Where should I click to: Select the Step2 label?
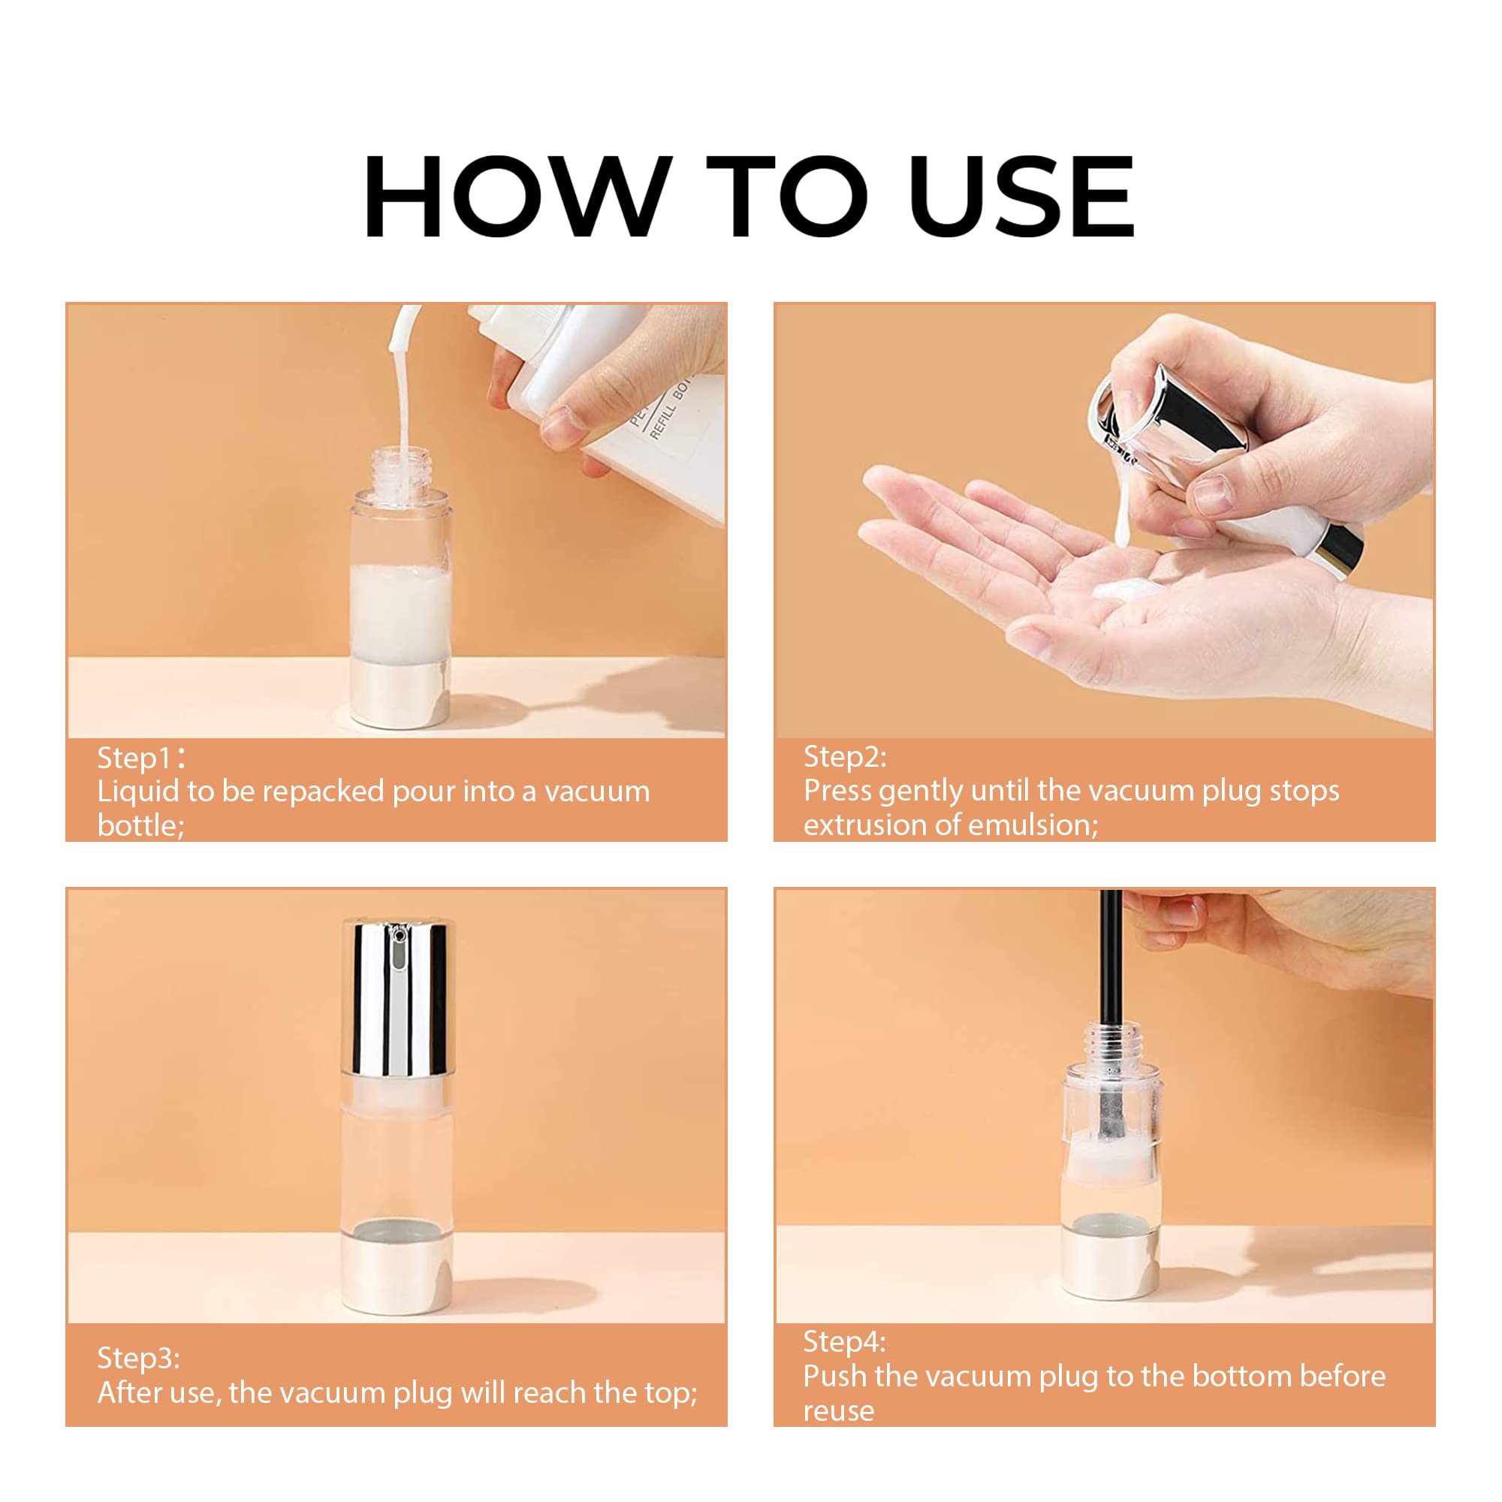tap(844, 756)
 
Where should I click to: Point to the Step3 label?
tap(138, 1357)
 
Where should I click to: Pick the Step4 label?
tap(844, 1341)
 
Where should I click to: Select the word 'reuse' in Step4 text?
tap(838, 1410)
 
